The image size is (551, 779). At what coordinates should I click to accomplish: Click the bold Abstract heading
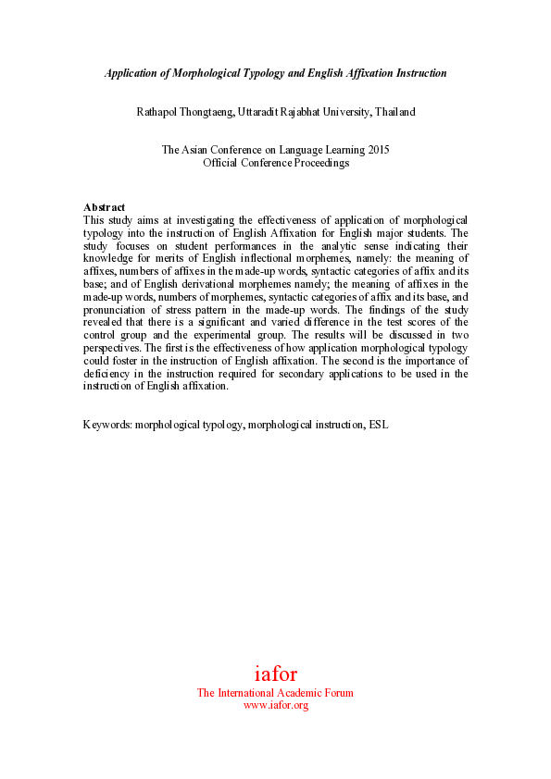pyautogui.click(x=104, y=206)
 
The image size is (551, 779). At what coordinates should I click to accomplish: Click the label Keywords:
pyautogui.click(x=107, y=425)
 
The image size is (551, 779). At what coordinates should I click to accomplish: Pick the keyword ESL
pyautogui.click(x=378, y=425)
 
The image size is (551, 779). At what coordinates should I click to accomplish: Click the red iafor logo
pyautogui.click(x=275, y=674)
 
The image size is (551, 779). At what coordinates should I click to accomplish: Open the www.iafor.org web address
pyautogui.click(x=275, y=705)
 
